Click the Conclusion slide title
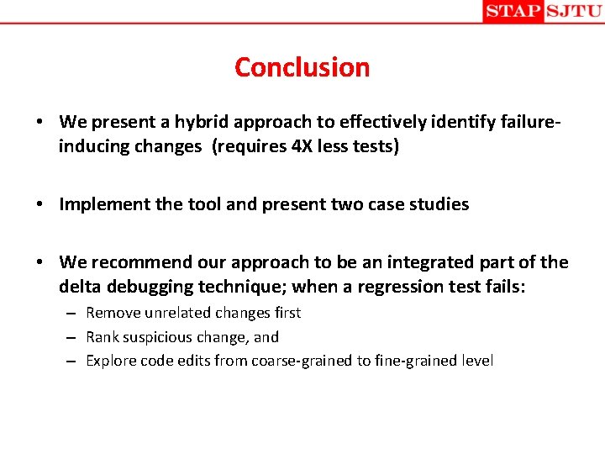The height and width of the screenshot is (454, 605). tap(302, 67)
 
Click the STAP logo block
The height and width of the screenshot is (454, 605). tap(513, 11)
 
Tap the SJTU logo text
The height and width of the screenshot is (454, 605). tap(574, 11)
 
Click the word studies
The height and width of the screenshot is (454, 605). tap(439, 204)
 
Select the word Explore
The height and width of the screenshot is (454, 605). tap(109, 362)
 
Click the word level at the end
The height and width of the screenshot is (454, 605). tap(476, 362)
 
